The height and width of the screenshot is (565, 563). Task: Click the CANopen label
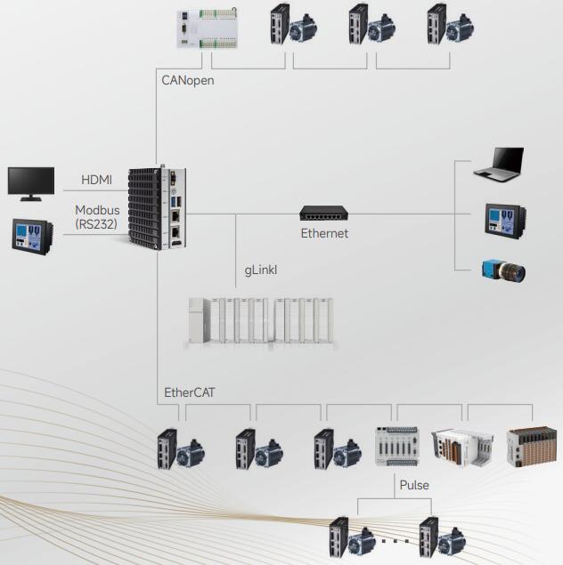(x=188, y=80)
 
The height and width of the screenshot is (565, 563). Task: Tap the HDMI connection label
(x=97, y=180)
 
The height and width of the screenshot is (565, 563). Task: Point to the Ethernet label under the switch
(x=324, y=233)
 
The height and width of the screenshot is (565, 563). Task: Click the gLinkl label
(x=262, y=270)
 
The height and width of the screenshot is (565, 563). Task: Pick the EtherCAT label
(x=190, y=391)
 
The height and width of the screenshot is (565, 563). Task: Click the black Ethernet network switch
(x=324, y=214)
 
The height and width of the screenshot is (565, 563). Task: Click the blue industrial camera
(x=503, y=269)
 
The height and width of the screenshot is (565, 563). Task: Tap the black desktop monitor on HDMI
(x=31, y=182)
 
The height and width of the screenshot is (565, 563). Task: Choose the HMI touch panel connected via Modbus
(x=33, y=234)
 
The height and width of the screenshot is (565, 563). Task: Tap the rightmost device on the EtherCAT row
(x=532, y=447)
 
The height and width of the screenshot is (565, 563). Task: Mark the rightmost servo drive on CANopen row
(x=436, y=25)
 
